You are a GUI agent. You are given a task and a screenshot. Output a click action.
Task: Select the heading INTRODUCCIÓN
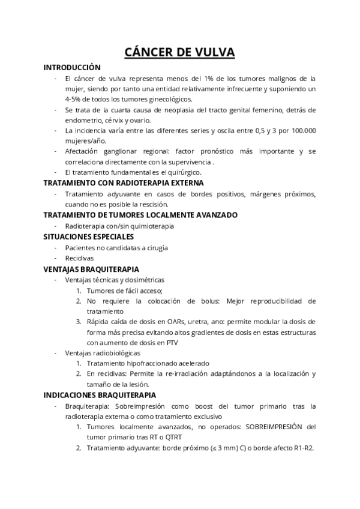[72, 68]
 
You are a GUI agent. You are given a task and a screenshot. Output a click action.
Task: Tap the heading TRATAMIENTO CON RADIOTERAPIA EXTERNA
[124, 182]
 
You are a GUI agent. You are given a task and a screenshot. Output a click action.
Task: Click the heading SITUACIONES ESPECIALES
[88, 236]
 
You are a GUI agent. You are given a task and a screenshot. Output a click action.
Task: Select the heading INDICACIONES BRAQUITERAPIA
[100, 395]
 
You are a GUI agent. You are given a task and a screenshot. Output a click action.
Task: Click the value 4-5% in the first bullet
[75, 98]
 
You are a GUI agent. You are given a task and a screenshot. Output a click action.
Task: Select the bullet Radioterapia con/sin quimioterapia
[119, 226]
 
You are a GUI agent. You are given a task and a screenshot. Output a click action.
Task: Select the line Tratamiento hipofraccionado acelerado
[148, 363]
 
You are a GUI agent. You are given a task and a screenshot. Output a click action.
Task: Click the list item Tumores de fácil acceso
[124, 291]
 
